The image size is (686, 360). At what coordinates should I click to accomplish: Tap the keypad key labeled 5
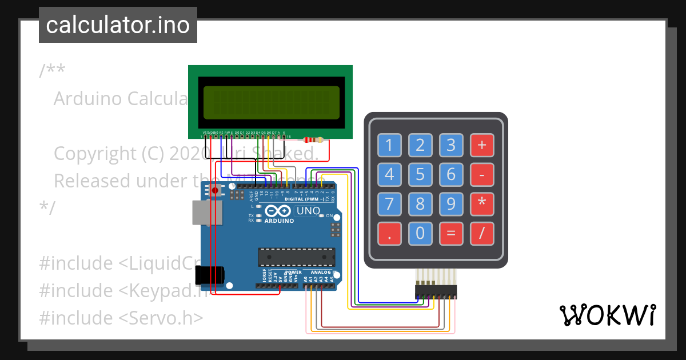(420, 174)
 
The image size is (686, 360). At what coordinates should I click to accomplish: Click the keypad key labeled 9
(451, 203)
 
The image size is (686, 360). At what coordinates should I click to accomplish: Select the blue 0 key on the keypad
(420, 233)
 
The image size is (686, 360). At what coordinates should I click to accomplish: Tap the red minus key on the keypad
(482, 174)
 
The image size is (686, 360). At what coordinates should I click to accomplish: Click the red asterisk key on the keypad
(482, 203)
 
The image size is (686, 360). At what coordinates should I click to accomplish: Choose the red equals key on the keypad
(451, 233)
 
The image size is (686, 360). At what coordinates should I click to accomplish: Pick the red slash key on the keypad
(482, 233)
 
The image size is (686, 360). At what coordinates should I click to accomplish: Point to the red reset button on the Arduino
(215, 190)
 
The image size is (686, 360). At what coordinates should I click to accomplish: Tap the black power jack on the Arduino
(208, 275)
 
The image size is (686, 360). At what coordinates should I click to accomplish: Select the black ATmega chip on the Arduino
(296, 257)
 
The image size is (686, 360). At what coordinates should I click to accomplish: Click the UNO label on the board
(308, 211)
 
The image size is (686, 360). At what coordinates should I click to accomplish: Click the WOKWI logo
(607, 315)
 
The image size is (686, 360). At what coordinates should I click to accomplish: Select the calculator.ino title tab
(118, 25)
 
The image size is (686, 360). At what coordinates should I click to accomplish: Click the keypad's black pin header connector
(436, 291)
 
